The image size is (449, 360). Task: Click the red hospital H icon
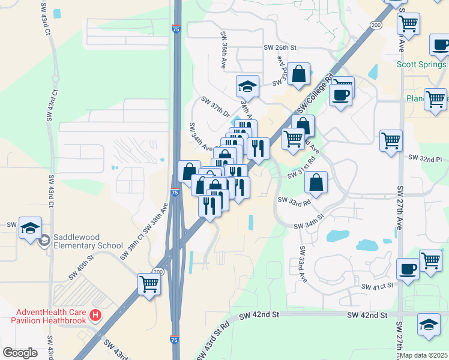pyautogui.click(x=94, y=315)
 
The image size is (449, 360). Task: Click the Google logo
pyautogui.click(x=20, y=352)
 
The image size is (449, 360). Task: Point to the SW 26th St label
pyautogui.click(x=280, y=47)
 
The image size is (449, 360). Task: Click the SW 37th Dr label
pyautogui.click(x=215, y=106)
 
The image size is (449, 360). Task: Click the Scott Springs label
pyautogui.click(x=421, y=64)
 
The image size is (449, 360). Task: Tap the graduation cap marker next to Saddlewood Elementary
pyautogui.click(x=30, y=228)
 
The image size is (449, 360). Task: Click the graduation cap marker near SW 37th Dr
pyautogui.click(x=247, y=86)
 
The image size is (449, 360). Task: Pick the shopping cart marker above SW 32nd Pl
pyautogui.click(x=391, y=141)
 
